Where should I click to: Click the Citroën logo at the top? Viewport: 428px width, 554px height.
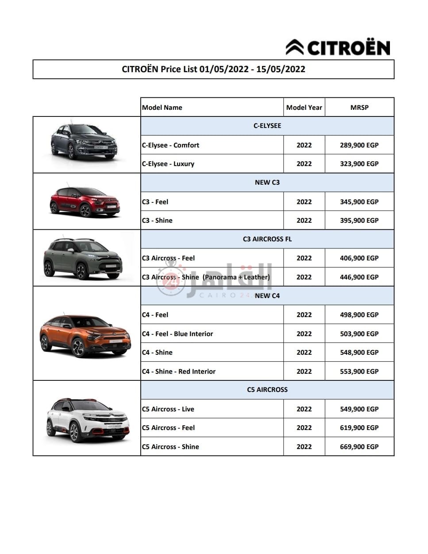338,47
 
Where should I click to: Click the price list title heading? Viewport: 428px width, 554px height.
213,69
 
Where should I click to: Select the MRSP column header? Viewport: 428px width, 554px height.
359,107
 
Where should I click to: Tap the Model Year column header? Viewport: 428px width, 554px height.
304,107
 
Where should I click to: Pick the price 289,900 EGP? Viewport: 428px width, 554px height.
359,145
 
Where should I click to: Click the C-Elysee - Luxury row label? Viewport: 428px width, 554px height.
168,164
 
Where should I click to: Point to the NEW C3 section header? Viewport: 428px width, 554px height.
267,182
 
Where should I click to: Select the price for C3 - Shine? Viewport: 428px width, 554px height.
359,221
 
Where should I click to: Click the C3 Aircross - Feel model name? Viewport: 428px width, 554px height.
168,258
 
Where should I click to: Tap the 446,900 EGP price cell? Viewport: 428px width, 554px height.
359,277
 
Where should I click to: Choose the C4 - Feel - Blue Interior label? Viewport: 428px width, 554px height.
177,334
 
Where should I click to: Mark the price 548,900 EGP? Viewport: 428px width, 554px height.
359,353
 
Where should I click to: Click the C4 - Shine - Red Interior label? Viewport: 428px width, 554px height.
179,372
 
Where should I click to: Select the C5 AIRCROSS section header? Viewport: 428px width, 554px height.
267,390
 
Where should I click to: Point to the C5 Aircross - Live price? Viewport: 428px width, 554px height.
359,409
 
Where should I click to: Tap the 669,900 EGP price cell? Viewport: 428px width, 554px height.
359,447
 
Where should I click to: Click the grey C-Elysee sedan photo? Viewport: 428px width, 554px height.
84,142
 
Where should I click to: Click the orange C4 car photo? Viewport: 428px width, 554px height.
85,335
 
